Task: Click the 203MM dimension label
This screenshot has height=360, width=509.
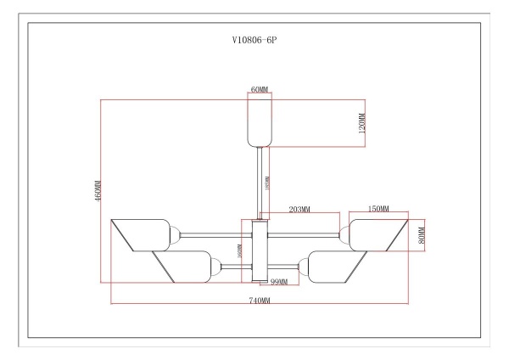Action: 299,209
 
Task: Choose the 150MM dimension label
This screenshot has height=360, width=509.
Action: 378,209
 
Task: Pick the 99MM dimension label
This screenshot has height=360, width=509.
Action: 279,281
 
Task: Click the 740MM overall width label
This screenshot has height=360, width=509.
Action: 260,301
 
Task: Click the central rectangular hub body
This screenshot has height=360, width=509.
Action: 260,250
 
